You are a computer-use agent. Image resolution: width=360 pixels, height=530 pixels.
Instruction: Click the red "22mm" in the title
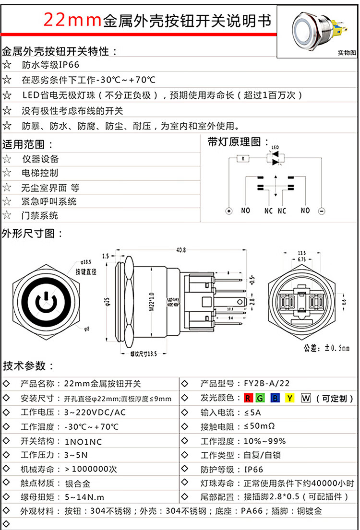click(72, 20)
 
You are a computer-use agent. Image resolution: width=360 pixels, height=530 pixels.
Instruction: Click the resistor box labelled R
click(243, 158)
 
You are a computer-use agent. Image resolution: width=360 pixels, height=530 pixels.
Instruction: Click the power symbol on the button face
click(44, 302)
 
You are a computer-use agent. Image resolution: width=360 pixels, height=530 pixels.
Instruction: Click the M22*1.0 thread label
click(152, 302)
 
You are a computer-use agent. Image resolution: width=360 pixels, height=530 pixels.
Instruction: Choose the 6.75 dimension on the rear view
click(302, 259)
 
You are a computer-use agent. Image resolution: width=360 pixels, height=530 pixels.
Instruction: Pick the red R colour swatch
click(248, 398)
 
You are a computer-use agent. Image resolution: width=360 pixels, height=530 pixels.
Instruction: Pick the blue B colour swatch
click(275, 398)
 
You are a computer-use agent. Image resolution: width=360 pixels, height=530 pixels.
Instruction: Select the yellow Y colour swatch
click(289, 398)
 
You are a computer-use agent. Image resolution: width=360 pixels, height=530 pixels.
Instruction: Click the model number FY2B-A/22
click(267, 383)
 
